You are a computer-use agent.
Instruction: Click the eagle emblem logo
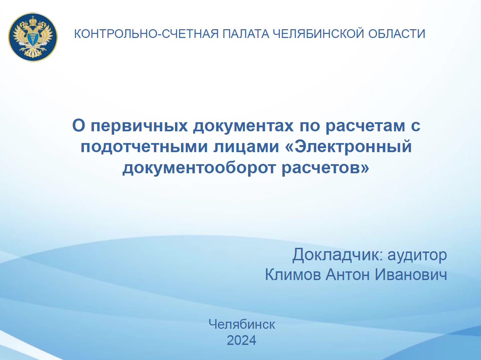click(x=33, y=37)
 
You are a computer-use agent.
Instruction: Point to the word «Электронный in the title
click(x=348, y=146)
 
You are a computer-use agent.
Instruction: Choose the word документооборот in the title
click(x=200, y=167)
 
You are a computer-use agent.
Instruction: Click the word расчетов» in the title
click(x=325, y=167)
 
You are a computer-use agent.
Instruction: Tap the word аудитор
click(x=417, y=255)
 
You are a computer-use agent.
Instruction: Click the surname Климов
click(x=293, y=275)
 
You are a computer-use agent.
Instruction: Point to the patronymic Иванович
click(x=411, y=275)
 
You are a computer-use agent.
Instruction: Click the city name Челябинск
click(x=242, y=324)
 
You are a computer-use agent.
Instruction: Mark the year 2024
click(x=242, y=341)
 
